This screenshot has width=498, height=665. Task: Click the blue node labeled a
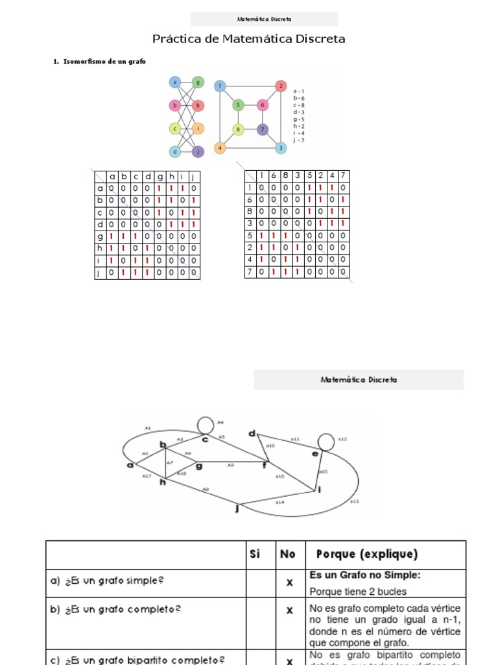pyautogui.click(x=174, y=82)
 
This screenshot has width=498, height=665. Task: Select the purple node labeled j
pyautogui.click(x=198, y=152)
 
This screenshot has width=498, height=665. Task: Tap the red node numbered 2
pyautogui.click(x=280, y=86)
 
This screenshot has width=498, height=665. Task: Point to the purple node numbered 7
pyautogui.click(x=263, y=129)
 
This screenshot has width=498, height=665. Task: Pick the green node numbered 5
pyautogui.click(x=238, y=105)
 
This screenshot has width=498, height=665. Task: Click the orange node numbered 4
pyautogui.click(x=220, y=147)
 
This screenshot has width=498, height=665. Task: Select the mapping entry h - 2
pyautogui.click(x=299, y=126)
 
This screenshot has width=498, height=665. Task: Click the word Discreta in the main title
pyautogui.click(x=314, y=39)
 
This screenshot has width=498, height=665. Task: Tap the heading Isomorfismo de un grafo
pyautogui.click(x=104, y=61)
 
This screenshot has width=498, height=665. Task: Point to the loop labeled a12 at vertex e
pyautogui.click(x=325, y=441)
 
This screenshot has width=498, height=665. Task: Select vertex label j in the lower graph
pyautogui.click(x=237, y=509)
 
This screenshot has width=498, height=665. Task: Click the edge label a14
pyautogui.click(x=279, y=502)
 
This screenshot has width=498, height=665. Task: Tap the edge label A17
pyautogui.click(x=147, y=476)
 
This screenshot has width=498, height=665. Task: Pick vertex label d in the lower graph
pyautogui.click(x=253, y=433)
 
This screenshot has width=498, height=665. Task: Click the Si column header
pyautogui.click(x=255, y=554)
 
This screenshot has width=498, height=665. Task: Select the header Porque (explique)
pyautogui.click(x=367, y=554)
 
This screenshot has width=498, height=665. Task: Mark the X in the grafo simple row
pyautogui.click(x=290, y=583)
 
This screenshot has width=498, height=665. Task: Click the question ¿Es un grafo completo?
pyautogui.click(x=116, y=610)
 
